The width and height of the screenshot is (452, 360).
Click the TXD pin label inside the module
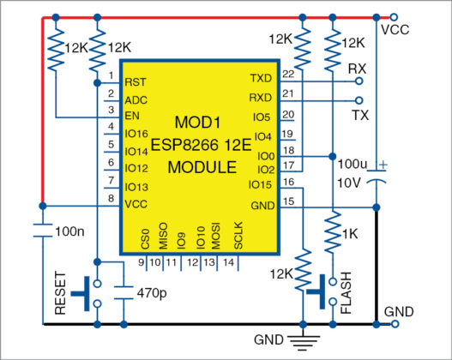[x=260, y=79]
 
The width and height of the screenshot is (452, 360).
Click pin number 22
[x=287, y=74]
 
